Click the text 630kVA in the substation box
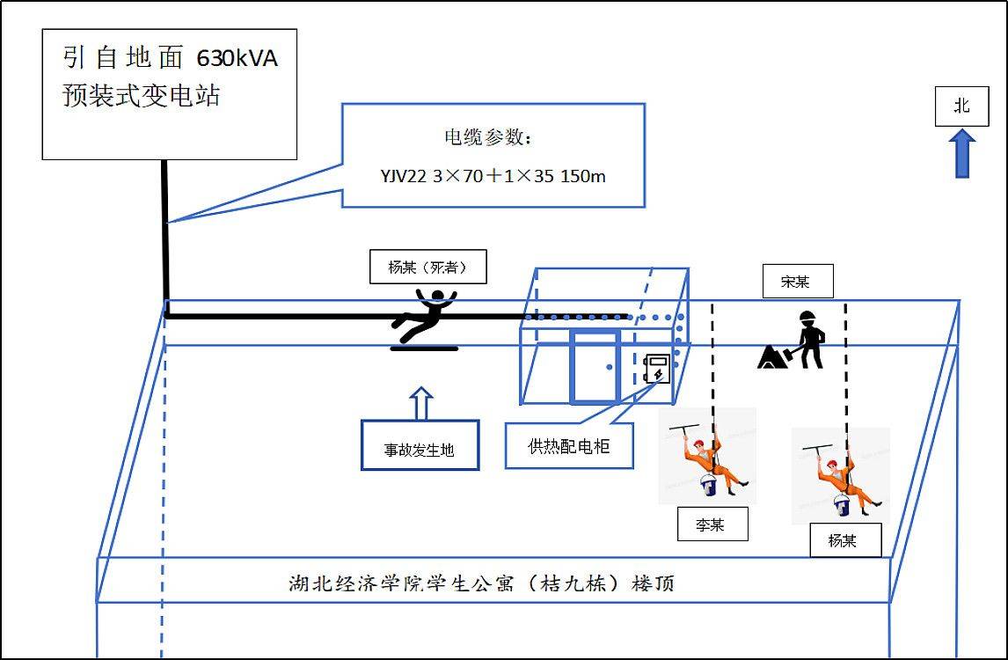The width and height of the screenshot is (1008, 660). click(x=237, y=59)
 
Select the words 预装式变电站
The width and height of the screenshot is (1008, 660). click(x=141, y=95)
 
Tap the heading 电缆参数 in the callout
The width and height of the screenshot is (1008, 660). click(x=488, y=138)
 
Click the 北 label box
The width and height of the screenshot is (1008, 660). click(x=961, y=106)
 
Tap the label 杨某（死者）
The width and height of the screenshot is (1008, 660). click(x=427, y=268)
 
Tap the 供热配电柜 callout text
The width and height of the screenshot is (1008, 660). click(x=568, y=446)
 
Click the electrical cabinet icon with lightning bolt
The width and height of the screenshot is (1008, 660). click(x=657, y=370)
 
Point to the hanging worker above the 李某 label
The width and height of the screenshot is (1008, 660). click(x=708, y=458)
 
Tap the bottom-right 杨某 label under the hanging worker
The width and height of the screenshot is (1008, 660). click(x=844, y=540)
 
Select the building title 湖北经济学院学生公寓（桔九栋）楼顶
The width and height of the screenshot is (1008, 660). click(x=482, y=583)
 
